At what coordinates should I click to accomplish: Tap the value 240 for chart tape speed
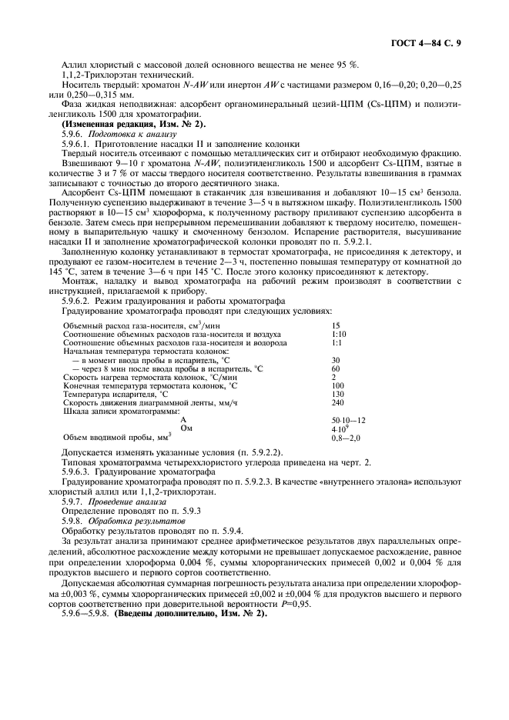337,402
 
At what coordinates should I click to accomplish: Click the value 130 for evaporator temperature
337,394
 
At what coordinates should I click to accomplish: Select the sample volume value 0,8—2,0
346,437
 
